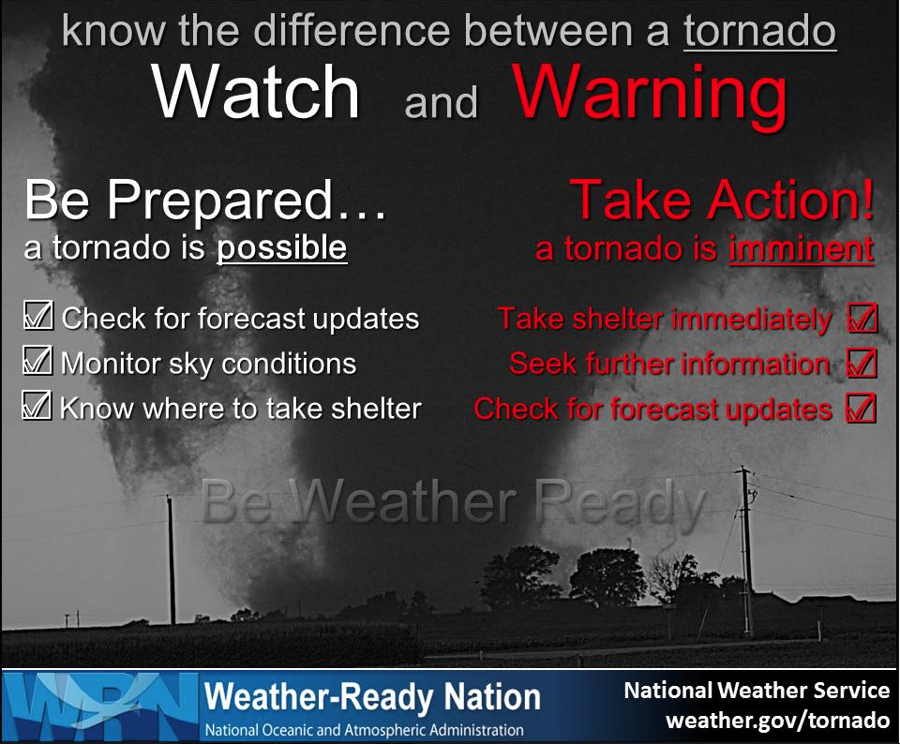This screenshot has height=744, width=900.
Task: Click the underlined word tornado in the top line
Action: coord(759,31)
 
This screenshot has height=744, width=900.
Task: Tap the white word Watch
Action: coord(256,94)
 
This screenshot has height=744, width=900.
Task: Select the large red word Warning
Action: coord(650,93)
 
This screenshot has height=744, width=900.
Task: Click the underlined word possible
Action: coord(282,248)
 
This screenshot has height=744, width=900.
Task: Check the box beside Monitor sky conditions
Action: coord(37,361)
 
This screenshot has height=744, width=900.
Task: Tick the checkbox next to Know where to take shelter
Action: coord(36,406)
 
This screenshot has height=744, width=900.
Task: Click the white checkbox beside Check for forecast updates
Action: coord(37,317)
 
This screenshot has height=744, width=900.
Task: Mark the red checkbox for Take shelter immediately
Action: coord(862,319)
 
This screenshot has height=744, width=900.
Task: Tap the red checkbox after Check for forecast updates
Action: coord(862,409)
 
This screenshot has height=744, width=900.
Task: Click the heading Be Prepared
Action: coord(204,201)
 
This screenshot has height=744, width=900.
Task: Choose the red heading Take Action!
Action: coord(723,200)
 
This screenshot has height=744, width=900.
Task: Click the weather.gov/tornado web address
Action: coord(777,722)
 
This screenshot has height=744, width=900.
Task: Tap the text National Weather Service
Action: coord(757,691)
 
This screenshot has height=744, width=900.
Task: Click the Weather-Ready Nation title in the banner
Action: coord(372,697)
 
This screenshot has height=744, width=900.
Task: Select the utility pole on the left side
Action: coord(172,562)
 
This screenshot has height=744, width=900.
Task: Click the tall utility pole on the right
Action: coord(745,553)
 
